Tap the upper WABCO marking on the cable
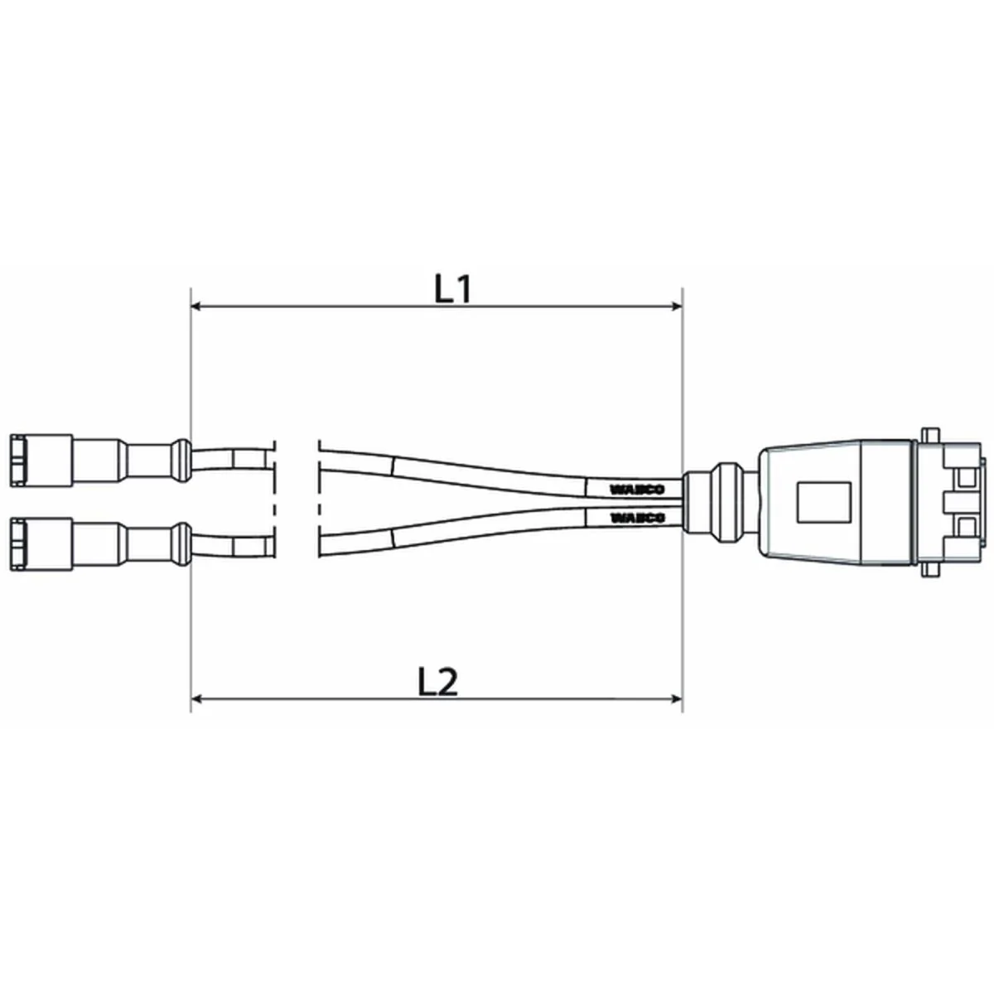coord(636,489)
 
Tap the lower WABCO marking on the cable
coord(636,518)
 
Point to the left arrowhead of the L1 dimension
coord(197,307)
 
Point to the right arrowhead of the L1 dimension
coord(675,307)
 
